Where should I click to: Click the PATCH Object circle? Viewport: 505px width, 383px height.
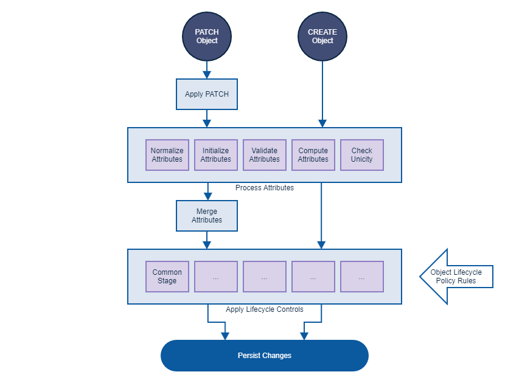207,36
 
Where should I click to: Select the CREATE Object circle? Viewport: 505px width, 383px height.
322,36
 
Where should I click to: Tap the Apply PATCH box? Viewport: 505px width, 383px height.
207,94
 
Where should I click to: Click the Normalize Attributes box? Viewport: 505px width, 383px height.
167,155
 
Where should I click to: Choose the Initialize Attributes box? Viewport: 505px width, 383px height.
216,155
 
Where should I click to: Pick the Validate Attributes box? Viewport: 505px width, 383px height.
265,155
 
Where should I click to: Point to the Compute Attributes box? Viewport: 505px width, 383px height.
313,155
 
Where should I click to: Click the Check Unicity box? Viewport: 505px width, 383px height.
362,155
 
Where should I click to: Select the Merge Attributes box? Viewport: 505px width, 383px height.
207,216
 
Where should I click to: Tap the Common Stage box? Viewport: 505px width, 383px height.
167,277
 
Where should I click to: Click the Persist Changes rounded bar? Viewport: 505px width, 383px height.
265,356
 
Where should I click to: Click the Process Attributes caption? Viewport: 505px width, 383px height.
265,188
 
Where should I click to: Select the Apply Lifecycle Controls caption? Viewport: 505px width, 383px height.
265,309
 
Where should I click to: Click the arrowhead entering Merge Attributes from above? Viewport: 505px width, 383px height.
207,196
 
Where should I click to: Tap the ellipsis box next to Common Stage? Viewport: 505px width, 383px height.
216,277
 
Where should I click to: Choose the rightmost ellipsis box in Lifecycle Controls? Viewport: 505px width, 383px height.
362,277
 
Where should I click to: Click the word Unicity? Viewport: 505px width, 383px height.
362,159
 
